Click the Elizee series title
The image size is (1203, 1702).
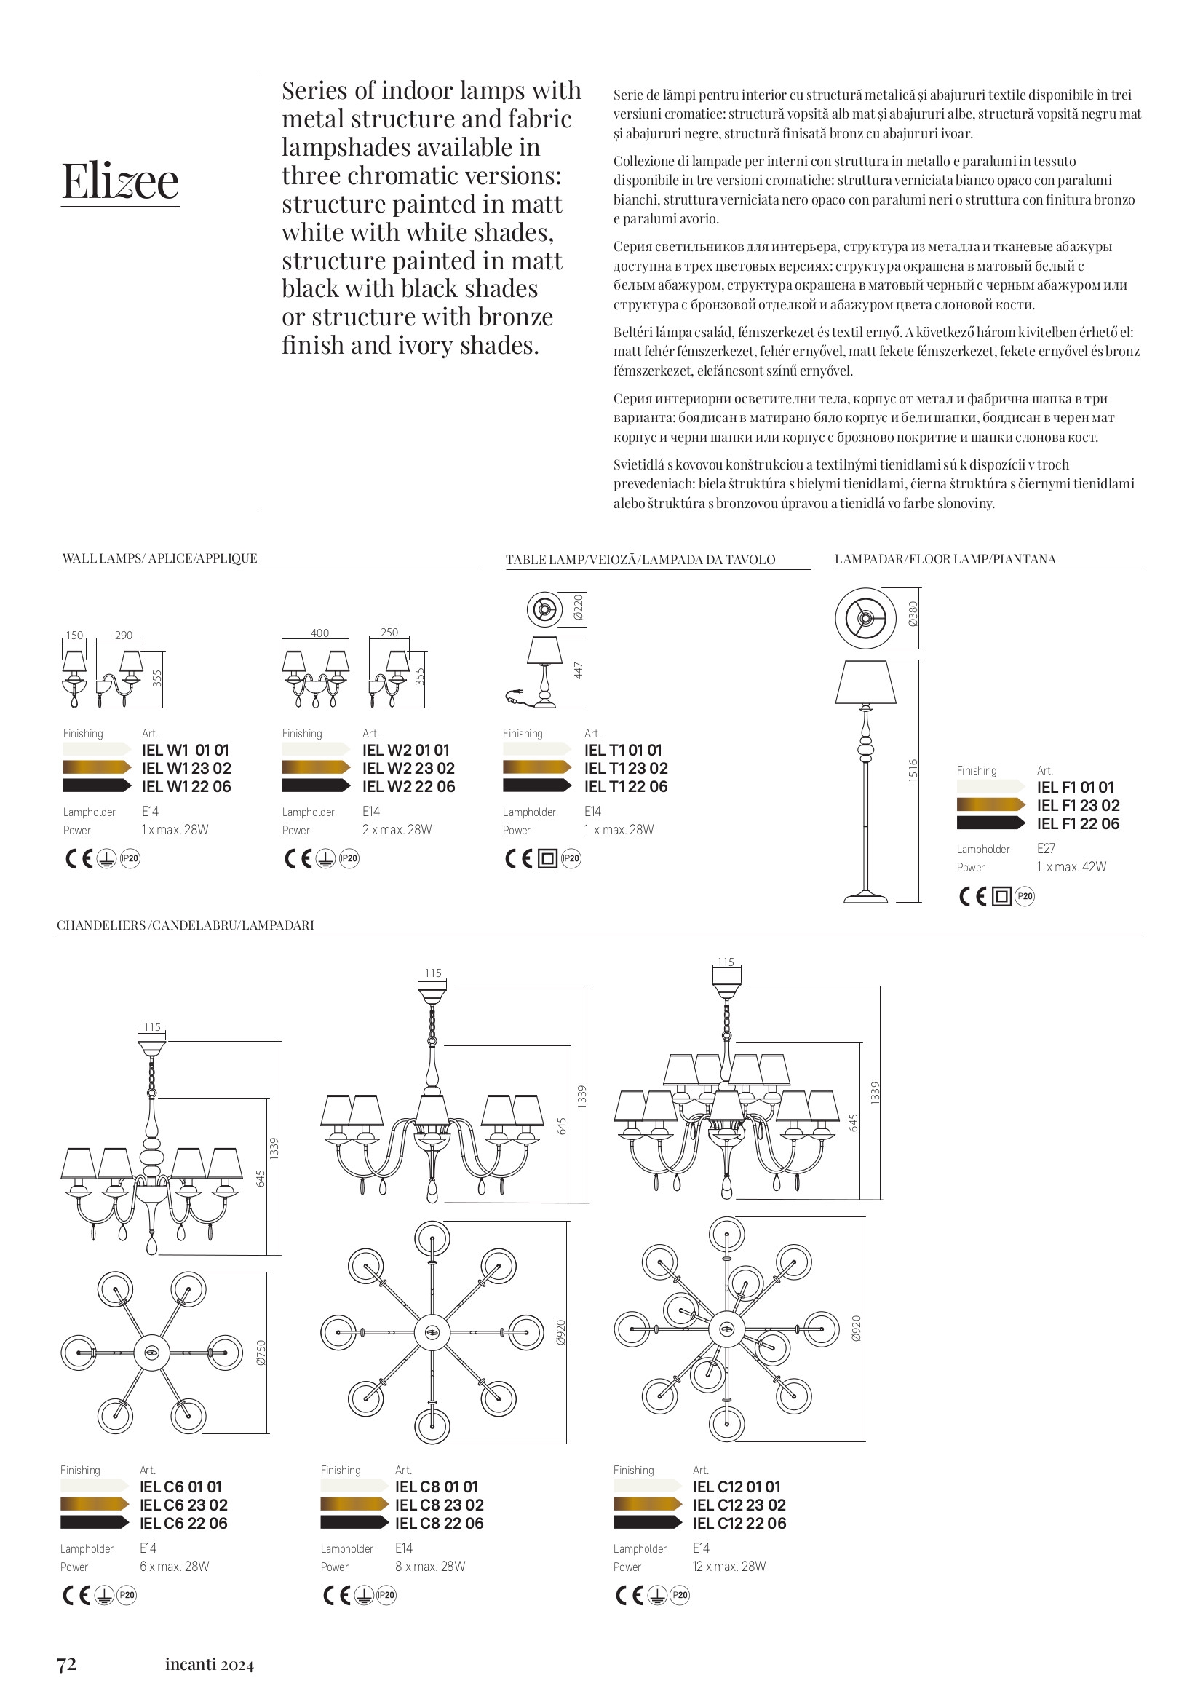[120, 181]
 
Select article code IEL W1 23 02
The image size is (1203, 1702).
[186, 769]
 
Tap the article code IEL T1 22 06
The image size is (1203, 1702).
[626, 787]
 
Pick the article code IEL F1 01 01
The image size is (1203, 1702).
[1075, 788]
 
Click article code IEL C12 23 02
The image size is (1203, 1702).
[739, 1505]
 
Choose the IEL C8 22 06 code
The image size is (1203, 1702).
[439, 1524]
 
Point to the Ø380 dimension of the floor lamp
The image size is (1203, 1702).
[913, 614]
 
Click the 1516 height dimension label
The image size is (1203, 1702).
[913, 770]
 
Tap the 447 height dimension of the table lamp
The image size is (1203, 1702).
[579, 671]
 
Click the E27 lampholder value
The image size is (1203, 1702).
[1046, 849]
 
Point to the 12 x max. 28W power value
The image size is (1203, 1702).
[728, 1567]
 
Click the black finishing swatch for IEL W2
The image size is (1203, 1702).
[316, 785]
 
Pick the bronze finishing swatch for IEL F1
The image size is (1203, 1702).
[991, 805]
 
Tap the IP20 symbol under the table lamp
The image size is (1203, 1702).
[571, 859]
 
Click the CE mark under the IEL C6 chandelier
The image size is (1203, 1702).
[76, 1595]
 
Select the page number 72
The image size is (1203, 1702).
[67, 1664]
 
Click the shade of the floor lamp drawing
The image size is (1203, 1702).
[865, 682]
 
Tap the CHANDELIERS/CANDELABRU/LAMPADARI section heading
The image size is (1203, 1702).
[186, 925]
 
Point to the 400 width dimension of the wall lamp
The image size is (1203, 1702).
[319, 633]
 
